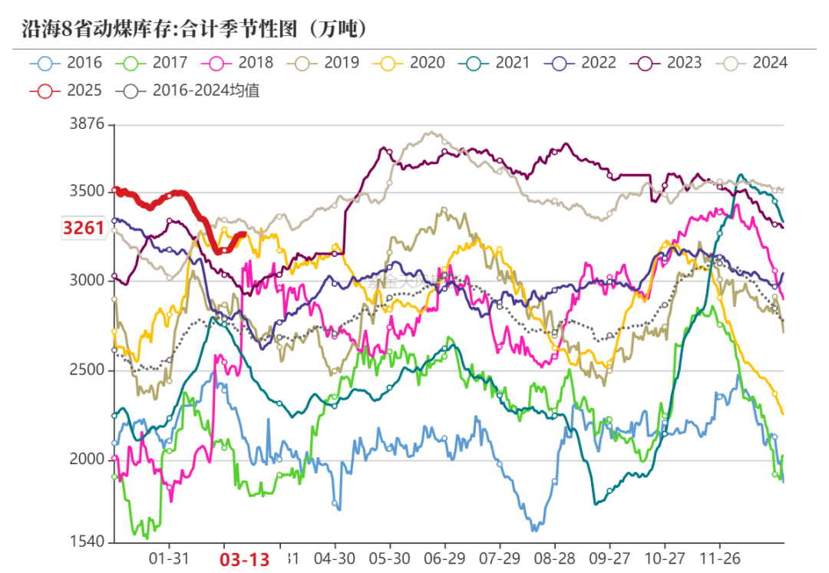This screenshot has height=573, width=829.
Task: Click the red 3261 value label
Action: tap(84, 229)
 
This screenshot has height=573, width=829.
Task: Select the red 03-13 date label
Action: tap(246, 559)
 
